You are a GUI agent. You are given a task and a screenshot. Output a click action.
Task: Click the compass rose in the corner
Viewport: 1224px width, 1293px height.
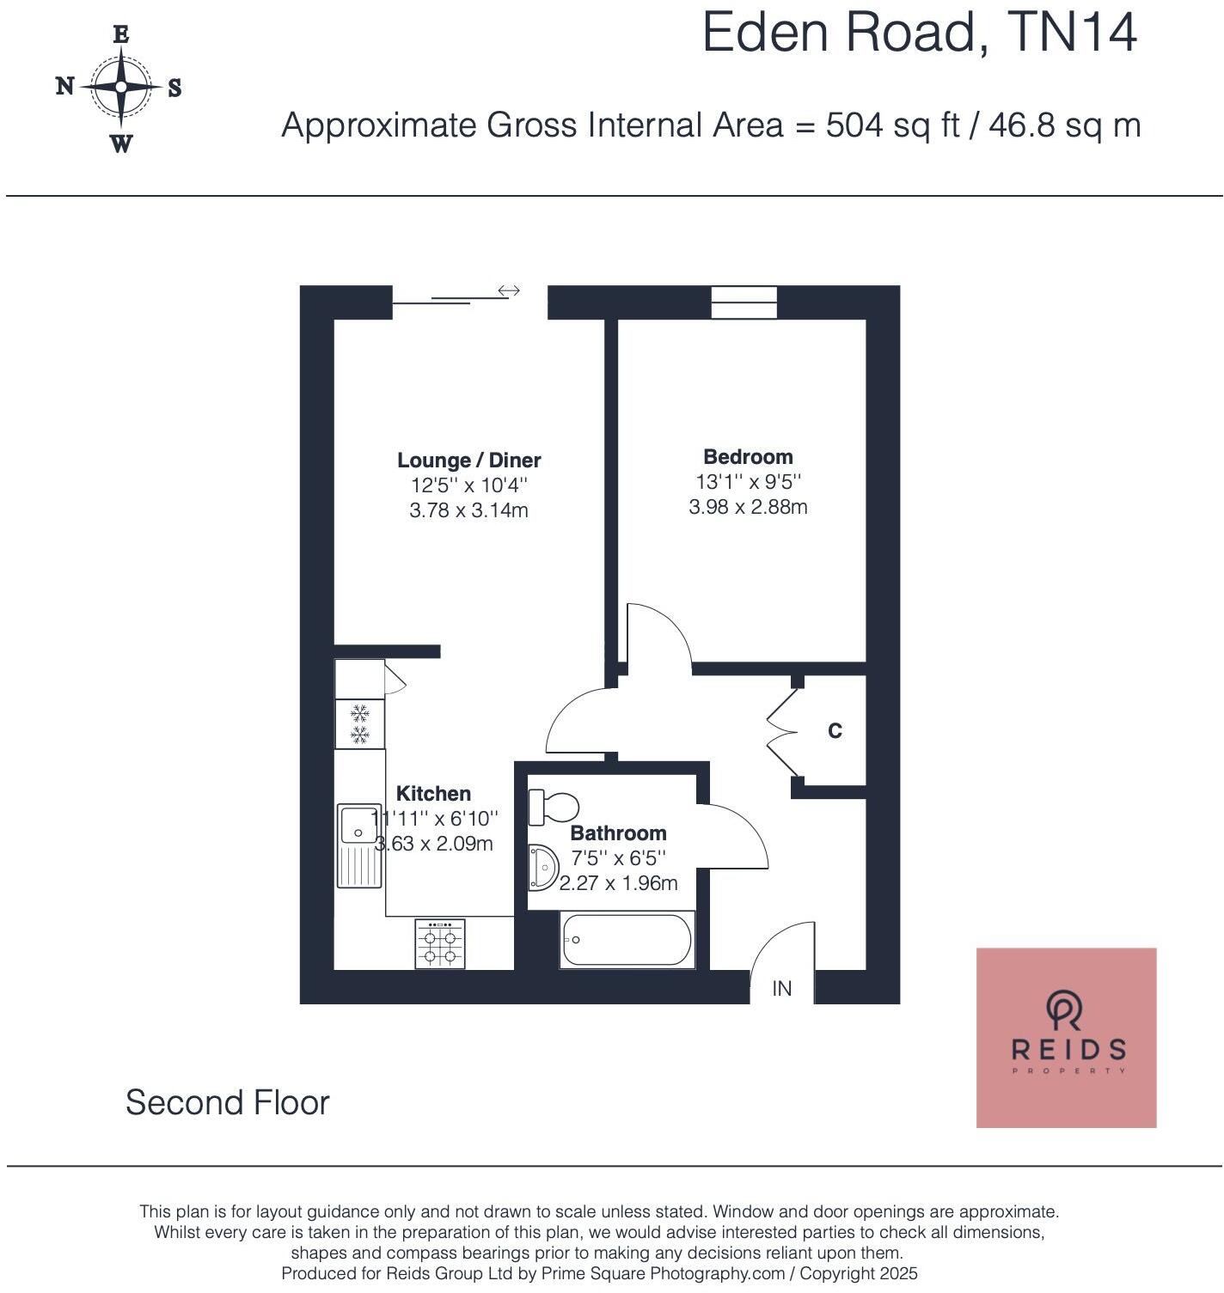coord(120,88)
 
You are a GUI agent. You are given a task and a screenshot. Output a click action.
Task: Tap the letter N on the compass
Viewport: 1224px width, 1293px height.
coord(64,86)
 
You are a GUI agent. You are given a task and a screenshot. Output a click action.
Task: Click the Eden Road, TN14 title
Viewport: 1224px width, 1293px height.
coord(919,33)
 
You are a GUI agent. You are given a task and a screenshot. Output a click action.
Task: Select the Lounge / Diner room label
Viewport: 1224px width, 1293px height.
coord(468,460)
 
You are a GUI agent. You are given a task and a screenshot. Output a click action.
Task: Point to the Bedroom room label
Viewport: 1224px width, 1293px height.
coord(748,457)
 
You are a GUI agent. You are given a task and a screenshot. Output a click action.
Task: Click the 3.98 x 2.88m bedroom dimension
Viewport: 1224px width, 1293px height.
coord(748,507)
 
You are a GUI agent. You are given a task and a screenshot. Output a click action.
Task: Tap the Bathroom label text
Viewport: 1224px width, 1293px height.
coord(618,833)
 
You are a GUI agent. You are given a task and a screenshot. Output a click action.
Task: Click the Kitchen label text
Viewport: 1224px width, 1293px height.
coord(433,794)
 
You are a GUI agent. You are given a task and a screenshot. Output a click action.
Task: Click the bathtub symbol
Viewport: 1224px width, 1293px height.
coord(626,940)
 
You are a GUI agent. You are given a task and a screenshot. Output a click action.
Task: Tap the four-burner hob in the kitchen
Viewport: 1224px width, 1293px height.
coord(440,944)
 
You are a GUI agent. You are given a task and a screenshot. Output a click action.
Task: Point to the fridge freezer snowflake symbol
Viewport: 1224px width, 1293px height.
coord(359,723)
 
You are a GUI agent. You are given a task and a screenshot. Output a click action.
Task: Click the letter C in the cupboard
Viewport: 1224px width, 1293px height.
coord(835,731)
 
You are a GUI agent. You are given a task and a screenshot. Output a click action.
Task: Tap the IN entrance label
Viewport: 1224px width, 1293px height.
coord(781,989)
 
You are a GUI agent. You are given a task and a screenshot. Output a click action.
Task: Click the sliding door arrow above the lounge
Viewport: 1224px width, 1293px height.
coord(509,291)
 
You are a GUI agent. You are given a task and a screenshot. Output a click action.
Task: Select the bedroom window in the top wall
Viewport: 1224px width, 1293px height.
coord(744,302)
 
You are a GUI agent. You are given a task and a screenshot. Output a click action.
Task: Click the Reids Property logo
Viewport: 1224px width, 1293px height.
coord(1066,1037)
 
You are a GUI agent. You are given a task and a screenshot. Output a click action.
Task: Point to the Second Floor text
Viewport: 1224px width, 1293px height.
coord(228,1103)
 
